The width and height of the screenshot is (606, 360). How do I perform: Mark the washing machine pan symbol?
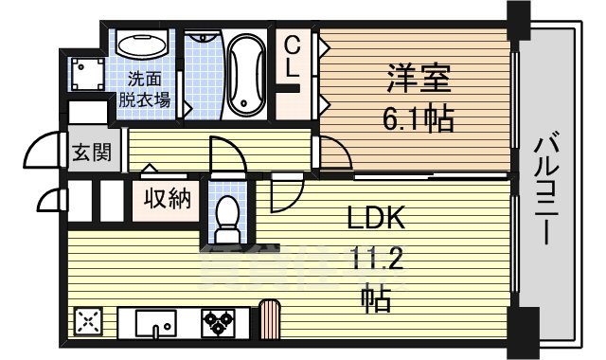click(x=88, y=75)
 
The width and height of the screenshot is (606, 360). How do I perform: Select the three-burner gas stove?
click(x=220, y=322)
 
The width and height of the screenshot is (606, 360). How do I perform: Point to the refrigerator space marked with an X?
click(x=87, y=322)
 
